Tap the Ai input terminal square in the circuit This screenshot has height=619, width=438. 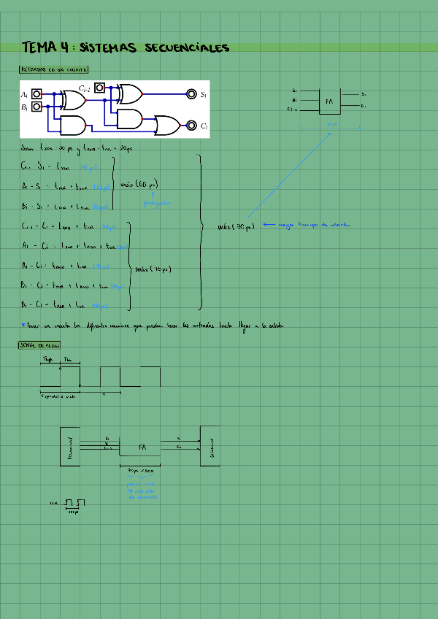(36, 94)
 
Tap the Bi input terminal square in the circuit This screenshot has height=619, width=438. (36, 107)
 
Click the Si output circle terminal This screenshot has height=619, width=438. (191, 94)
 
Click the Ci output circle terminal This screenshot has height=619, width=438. (191, 125)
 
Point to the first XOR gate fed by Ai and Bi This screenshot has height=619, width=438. (74, 99)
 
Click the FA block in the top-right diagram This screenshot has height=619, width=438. (329, 101)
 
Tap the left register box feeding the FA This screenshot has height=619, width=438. (70, 445)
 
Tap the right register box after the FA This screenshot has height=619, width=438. (210, 445)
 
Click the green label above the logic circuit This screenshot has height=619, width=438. (54, 70)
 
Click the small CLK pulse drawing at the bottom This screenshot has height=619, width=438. (74, 503)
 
